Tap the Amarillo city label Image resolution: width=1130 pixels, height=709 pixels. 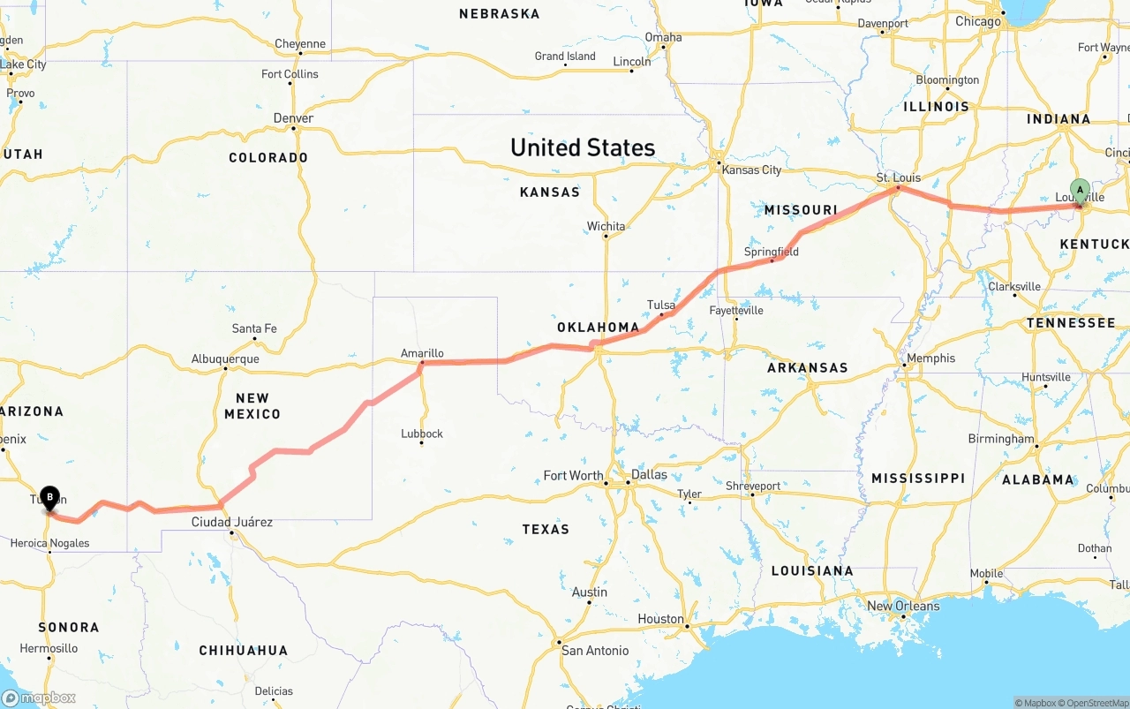click(x=422, y=353)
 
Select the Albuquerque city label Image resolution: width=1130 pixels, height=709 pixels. click(x=225, y=359)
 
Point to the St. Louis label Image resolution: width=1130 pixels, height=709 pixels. click(x=899, y=177)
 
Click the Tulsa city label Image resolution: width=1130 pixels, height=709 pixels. click(x=661, y=305)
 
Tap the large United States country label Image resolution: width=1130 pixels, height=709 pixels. click(x=583, y=147)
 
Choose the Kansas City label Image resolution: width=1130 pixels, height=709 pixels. click(x=751, y=170)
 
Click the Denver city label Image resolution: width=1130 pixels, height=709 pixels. click(x=293, y=118)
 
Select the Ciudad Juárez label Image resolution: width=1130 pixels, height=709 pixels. click(x=232, y=522)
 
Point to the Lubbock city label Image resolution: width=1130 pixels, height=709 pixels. click(x=421, y=434)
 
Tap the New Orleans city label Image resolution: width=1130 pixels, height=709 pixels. click(x=903, y=606)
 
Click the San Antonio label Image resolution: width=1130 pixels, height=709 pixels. click(x=595, y=651)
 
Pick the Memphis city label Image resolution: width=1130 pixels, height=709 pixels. click(x=930, y=358)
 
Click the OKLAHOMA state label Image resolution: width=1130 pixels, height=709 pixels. click(x=598, y=328)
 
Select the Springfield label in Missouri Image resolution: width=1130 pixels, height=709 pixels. click(x=772, y=252)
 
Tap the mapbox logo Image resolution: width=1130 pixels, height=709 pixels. click(x=39, y=698)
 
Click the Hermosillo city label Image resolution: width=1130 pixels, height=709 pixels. click(x=49, y=648)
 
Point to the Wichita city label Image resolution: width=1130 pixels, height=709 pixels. click(x=606, y=226)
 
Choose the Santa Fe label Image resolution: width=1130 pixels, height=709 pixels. click(x=254, y=328)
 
